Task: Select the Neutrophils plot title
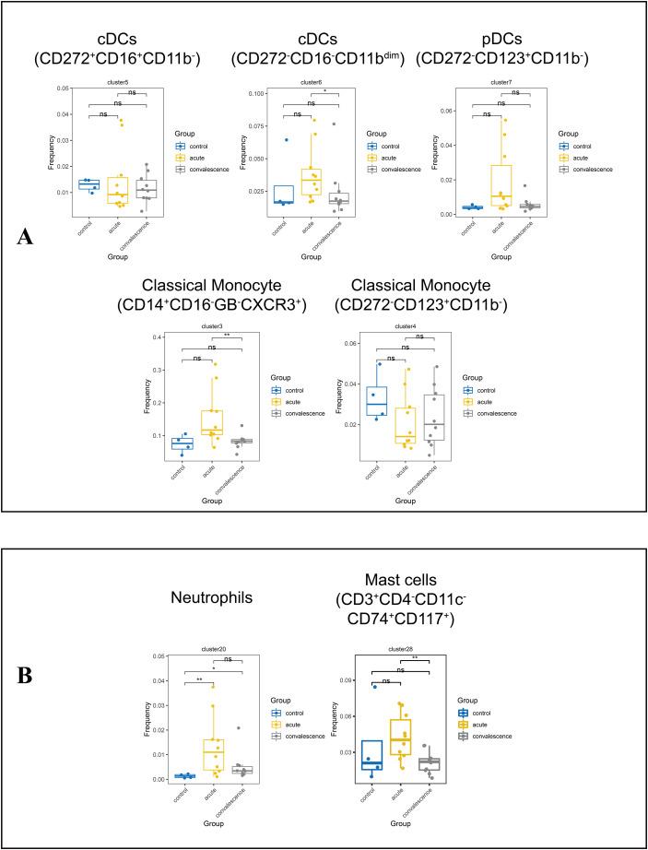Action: tap(201, 598)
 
